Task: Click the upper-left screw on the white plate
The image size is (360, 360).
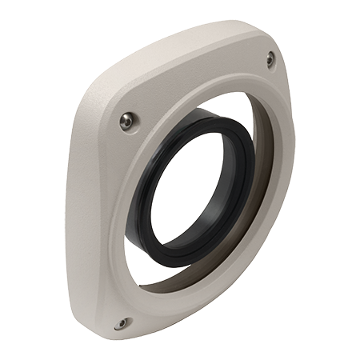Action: click(126, 121)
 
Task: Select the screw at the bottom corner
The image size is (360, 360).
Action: click(121, 323)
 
